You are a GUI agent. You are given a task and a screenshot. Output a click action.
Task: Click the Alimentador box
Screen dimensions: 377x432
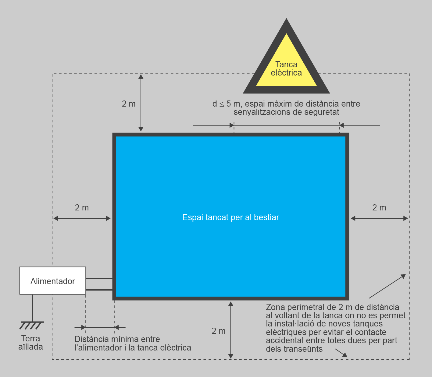coord(52,281)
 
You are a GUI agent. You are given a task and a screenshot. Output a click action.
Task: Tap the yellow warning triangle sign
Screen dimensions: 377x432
coord(286,61)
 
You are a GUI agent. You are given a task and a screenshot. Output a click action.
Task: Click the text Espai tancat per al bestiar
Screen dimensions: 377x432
coord(230,217)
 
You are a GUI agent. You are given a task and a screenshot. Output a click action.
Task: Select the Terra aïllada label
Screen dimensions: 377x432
coord(30,343)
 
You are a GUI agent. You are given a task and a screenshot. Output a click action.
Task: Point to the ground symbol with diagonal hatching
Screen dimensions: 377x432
coord(32,325)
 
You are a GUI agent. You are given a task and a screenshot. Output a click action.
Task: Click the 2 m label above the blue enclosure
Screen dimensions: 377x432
coord(129,104)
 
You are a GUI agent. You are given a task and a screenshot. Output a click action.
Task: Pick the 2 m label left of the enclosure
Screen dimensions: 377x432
coord(82,208)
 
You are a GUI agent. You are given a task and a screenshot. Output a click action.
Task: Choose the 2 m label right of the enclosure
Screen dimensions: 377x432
coord(379,208)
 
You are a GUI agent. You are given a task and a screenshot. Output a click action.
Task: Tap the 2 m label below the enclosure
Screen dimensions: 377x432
coord(218,331)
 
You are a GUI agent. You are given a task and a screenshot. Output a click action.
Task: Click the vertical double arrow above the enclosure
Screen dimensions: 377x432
coord(141,103)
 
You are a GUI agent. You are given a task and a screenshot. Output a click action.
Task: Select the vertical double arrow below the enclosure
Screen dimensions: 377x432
coord(231,330)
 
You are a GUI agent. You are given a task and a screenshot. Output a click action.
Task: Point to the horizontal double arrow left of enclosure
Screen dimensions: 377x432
coord(82,218)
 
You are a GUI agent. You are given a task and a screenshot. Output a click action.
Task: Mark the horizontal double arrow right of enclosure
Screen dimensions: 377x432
coord(379,218)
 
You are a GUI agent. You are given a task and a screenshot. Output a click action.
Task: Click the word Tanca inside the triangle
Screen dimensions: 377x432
coord(286,64)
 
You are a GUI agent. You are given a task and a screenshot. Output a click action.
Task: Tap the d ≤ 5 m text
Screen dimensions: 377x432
coord(226,104)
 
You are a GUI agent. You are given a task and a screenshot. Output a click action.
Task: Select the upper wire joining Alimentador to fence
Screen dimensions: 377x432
coord(99,278)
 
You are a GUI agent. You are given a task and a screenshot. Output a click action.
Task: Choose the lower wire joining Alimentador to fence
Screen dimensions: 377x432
coord(99,290)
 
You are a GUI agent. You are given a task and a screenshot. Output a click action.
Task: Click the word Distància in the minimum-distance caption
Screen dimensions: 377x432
coord(90,339)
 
